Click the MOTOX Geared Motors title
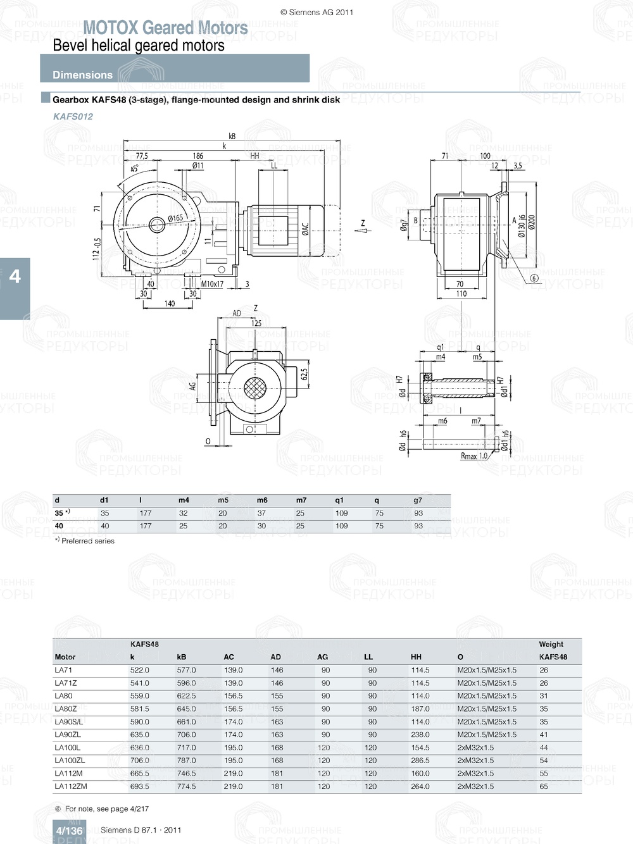click(165, 28)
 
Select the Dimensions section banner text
click(82, 75)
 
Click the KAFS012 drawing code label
click(73, 116)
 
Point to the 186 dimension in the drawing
click(197, 156)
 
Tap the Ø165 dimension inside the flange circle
click(175, 218)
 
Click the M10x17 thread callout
click(212, 284)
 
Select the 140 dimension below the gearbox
click(170, 304)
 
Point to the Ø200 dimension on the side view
click(532, 221)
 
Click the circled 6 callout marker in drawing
click(534, 278)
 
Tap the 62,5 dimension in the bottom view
click(304, 375)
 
